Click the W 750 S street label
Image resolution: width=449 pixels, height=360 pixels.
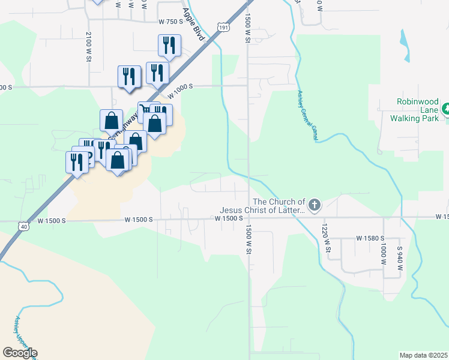(170, 21)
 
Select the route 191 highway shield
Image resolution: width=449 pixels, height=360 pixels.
(223, 27)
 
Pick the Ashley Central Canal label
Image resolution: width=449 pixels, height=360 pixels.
(306, 116)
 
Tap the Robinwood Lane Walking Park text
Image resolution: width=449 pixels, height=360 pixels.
(415, 110)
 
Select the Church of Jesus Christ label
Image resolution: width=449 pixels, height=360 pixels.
(263, 206)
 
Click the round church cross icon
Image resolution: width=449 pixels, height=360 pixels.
(315, 206)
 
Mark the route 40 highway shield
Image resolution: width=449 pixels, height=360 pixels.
(23, 226)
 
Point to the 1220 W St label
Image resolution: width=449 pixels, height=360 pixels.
(326, 238)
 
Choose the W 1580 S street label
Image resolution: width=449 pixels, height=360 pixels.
(370, 239)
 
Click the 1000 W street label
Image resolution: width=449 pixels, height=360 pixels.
(382, 255)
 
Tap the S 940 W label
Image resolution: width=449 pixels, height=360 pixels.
(399, 257)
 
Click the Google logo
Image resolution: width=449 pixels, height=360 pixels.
(20, 353)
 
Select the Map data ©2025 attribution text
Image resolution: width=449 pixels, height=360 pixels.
(423, 355)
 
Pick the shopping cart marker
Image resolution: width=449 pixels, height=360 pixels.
(145, 110)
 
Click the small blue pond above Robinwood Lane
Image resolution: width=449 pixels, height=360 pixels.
(403, 46)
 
